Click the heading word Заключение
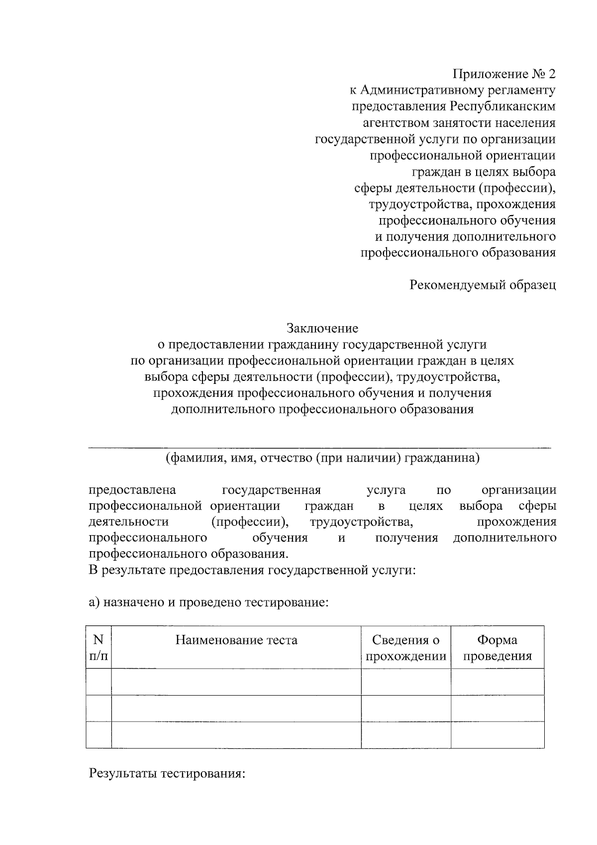click(322, 329)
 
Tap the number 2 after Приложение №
click(551, 75)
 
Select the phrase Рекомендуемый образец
click(482, 285)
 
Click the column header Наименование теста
click(236, 640)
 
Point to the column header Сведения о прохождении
click(405, 648)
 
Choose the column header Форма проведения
click(497, 648)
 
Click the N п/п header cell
click(99, 648)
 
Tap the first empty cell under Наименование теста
click(236, 682)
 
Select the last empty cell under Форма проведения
click(497, 735)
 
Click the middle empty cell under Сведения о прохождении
click(405, 708)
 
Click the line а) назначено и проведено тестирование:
click(208, 603)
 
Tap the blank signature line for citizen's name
click(319, 446)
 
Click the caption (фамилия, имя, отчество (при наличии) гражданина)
click(322, 458)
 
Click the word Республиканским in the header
click(503, 107)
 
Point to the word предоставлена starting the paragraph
click(132, 490)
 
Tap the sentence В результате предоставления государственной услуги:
click(252, 571)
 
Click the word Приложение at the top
click(483, 75)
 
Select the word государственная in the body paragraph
click(271, 490)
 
